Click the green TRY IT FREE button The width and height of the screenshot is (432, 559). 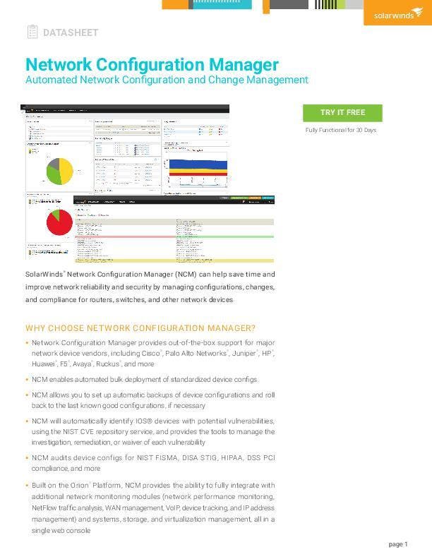pos(342,113)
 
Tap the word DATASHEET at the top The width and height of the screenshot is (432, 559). pos(71,32)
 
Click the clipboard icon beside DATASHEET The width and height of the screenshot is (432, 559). pos(32,32)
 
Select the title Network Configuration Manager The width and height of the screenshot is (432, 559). pos(152,65)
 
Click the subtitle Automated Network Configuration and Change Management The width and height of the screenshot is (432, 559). pos(167,80)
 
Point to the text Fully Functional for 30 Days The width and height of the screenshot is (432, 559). pos(341,131)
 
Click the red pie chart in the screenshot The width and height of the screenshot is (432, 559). pos(59,224)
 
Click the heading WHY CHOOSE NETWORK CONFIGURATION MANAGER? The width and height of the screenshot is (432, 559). pos(140,328)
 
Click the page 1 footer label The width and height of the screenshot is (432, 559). pos(398,544)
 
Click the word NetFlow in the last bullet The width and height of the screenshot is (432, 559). pos(47,507)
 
